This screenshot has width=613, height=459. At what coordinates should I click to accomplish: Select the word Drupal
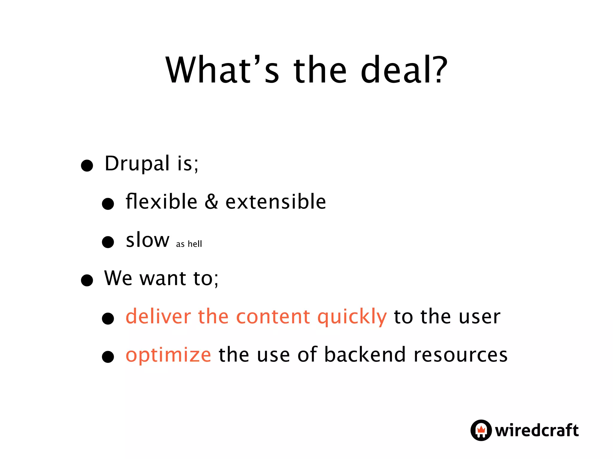(x=137, y=164)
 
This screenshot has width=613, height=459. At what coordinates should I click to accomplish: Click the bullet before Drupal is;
(x=87, y=165)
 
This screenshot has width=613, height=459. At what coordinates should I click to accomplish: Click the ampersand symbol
(x=211, y=201)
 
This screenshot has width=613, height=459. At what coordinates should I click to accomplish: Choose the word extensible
(x=276, y=201)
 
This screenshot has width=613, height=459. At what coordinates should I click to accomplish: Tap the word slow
(x=148, y=240)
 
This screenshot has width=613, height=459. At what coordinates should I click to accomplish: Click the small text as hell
(x=189, y=244)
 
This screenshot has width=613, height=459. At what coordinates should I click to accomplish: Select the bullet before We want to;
(x=87, y=280)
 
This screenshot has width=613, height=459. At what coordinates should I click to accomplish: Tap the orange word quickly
(x=352, y=317)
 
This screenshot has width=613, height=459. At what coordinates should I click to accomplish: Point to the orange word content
(x=273, y=316)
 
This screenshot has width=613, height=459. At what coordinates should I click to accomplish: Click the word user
(x=480, y=317)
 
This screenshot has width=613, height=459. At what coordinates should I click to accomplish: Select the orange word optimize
(x=169, y=355)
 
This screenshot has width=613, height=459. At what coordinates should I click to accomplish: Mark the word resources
(x=461, y=355)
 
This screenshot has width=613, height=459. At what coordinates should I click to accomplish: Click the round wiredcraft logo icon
(x=481, y=430)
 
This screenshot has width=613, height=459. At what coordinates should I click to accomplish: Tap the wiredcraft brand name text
(x=537, y=430)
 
